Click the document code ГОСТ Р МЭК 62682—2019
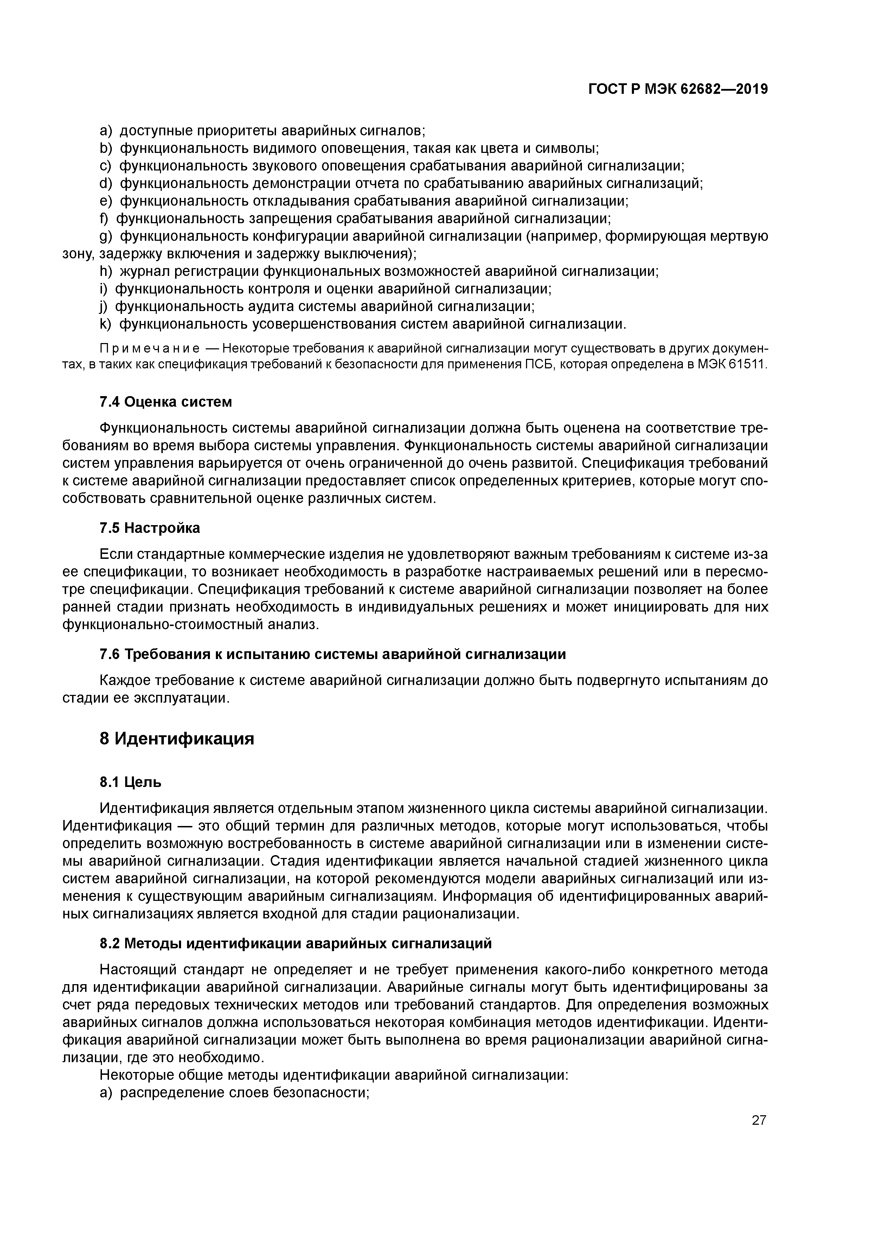point(678,89)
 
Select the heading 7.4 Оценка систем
point(166,402)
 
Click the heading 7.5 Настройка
point(149,528)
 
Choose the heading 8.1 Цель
point(130,782)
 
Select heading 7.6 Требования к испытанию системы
point(333,654)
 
